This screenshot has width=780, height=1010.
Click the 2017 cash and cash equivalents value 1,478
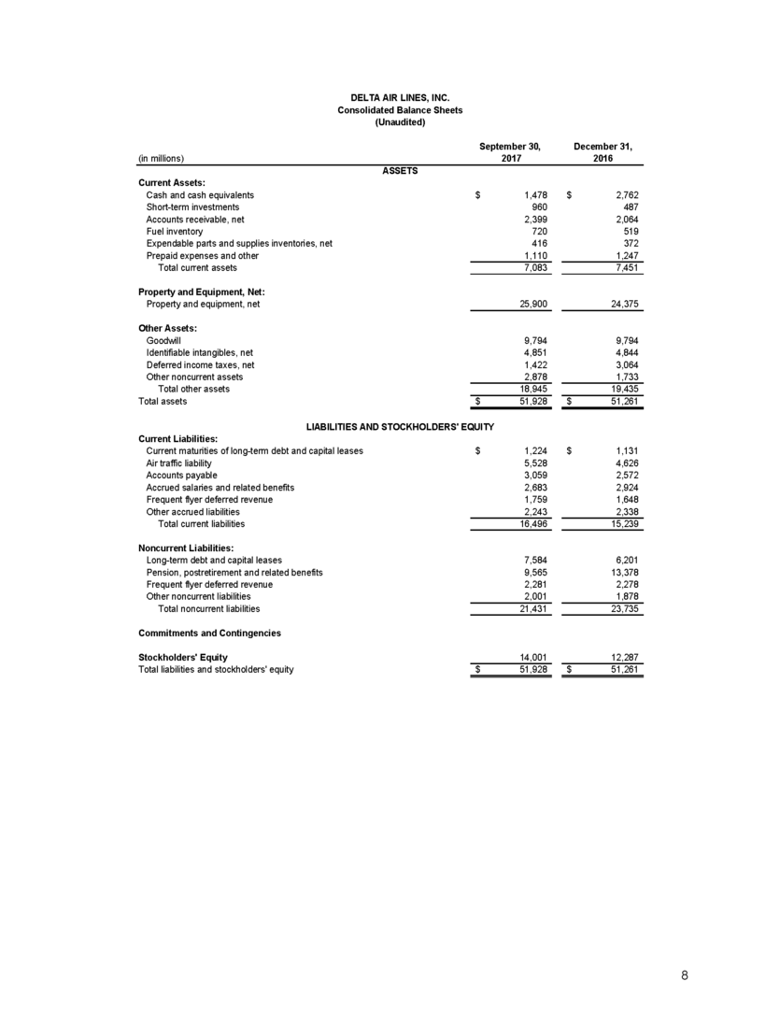click(x=529, y=194)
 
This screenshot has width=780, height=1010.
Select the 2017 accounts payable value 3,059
click(x=529, y=475)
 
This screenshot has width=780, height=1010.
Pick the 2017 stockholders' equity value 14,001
click(x=526, y=658)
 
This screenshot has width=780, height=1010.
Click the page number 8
click(x=685, y=975)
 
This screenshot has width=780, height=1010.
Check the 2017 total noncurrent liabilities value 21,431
click(x=526, y=608)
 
